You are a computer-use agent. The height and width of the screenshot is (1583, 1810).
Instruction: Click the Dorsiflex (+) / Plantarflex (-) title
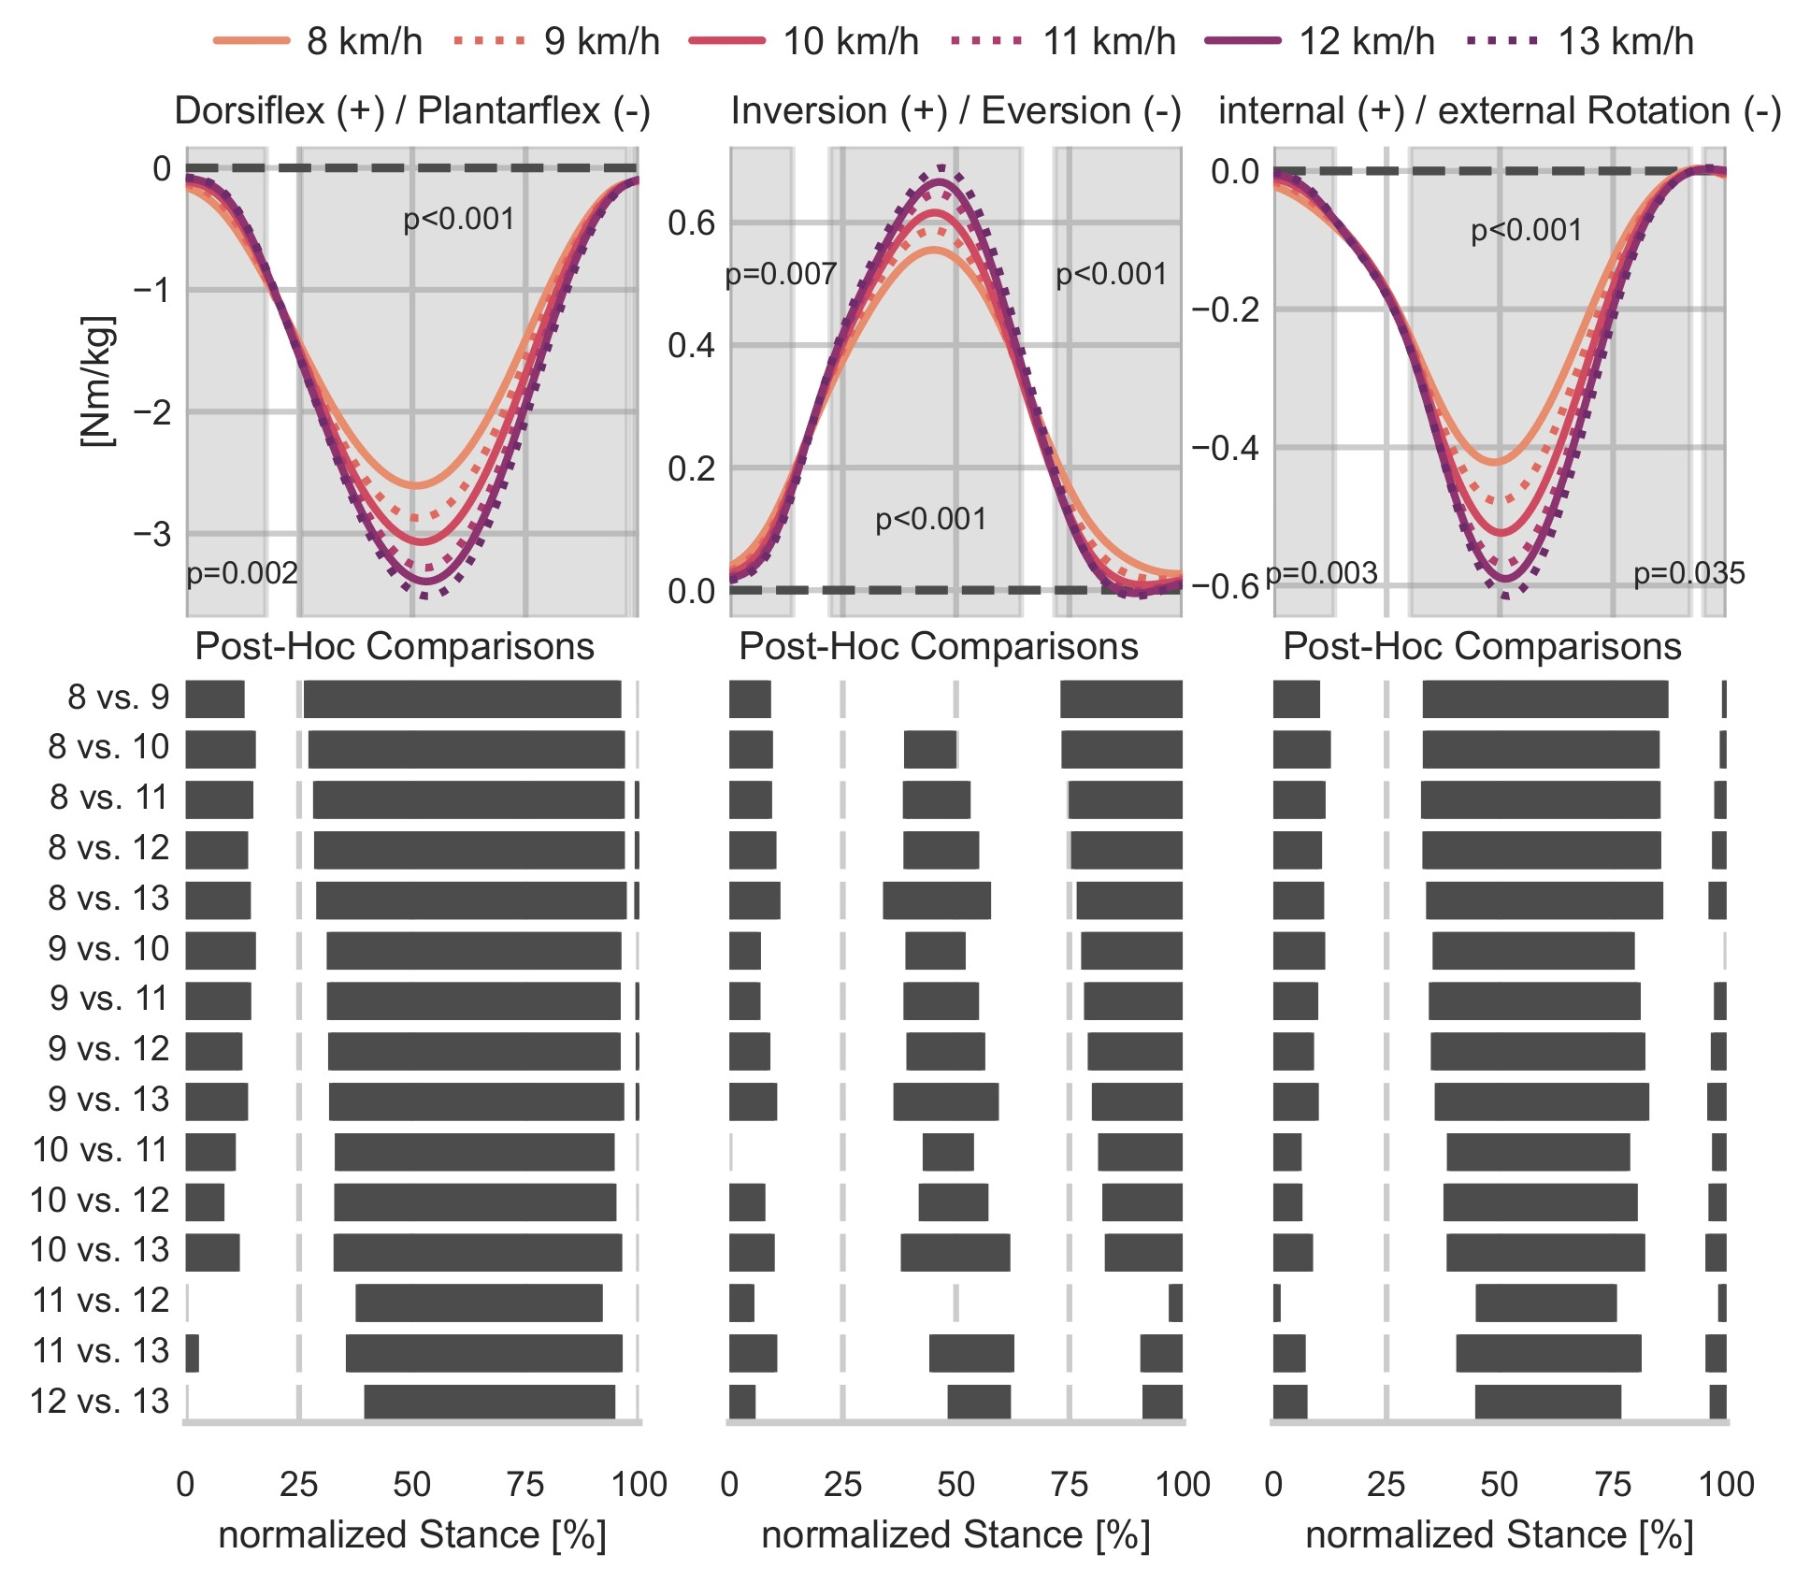(x=412, y=111)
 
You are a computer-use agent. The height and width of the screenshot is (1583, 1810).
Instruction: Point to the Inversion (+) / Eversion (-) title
(x=955, y=111)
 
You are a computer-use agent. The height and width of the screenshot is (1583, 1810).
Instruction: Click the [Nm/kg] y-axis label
(x=97, y=381)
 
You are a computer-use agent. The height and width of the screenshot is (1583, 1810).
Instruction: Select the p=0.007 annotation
(x=781, y=275)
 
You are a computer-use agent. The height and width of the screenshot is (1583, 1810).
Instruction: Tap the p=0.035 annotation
(x=1688, y=573)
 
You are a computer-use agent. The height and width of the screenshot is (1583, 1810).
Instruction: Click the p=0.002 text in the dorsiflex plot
(x=242, y=573)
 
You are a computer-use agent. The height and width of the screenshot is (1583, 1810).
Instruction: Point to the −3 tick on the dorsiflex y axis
(x=152, y=534)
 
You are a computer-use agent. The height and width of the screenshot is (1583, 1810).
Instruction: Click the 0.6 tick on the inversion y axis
(x=691, y=223)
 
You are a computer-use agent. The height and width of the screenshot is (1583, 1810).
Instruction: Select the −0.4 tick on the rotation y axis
(x=1225, y=448)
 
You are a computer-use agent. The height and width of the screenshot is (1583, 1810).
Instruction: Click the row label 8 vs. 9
(x=119, y=698)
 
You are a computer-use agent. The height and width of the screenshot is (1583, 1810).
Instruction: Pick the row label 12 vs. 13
(x=100, y=1402)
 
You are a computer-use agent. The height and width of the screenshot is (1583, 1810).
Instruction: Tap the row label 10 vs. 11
(x=100, y=1150)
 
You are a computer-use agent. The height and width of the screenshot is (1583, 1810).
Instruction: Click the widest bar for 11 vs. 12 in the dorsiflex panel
(x=479, y=1302)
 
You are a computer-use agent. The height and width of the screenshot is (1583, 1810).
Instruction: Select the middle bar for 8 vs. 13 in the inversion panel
(x=937, y=900)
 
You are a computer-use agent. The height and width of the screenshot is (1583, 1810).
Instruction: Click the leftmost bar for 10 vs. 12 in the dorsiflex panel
(x=205, y=1202)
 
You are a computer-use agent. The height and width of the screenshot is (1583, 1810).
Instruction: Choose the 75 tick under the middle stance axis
(x=1069, y=1484)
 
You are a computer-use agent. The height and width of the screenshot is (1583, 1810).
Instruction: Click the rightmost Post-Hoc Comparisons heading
(x=1482, y=647)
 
